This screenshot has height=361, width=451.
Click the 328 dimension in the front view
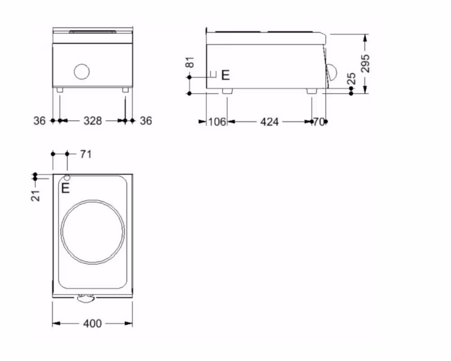tap(92, 120)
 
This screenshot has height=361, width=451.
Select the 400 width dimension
tap(92, 324)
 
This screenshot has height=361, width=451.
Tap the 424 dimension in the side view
tap(270, 122)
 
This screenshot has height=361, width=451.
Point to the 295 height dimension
tap(365, 63)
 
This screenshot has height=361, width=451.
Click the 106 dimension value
tap(217, 122)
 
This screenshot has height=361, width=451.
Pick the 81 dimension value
tap(190, 62)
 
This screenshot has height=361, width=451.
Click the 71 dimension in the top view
tap(86, 154)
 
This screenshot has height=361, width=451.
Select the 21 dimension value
tap(36, 196)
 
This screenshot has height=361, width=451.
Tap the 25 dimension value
tap(352, 79)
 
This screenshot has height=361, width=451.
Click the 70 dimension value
tap(319, 122)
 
